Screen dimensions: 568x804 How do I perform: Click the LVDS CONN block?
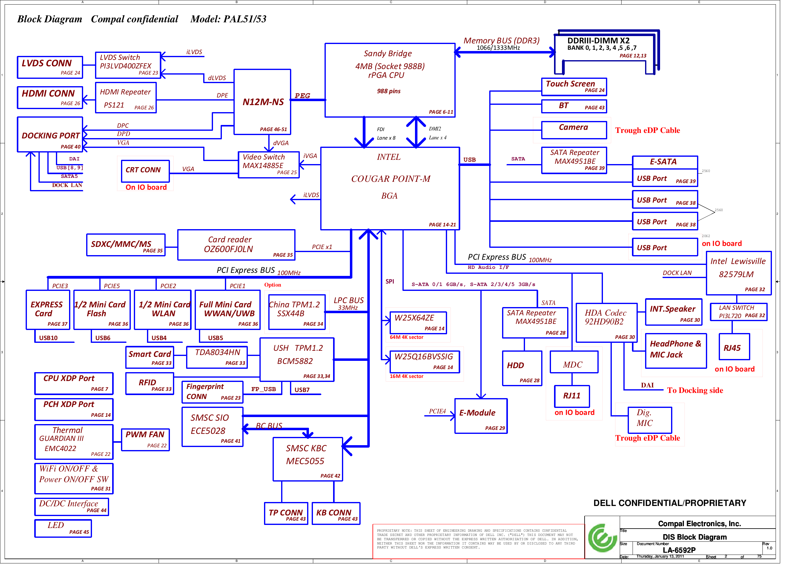coord(50,67)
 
